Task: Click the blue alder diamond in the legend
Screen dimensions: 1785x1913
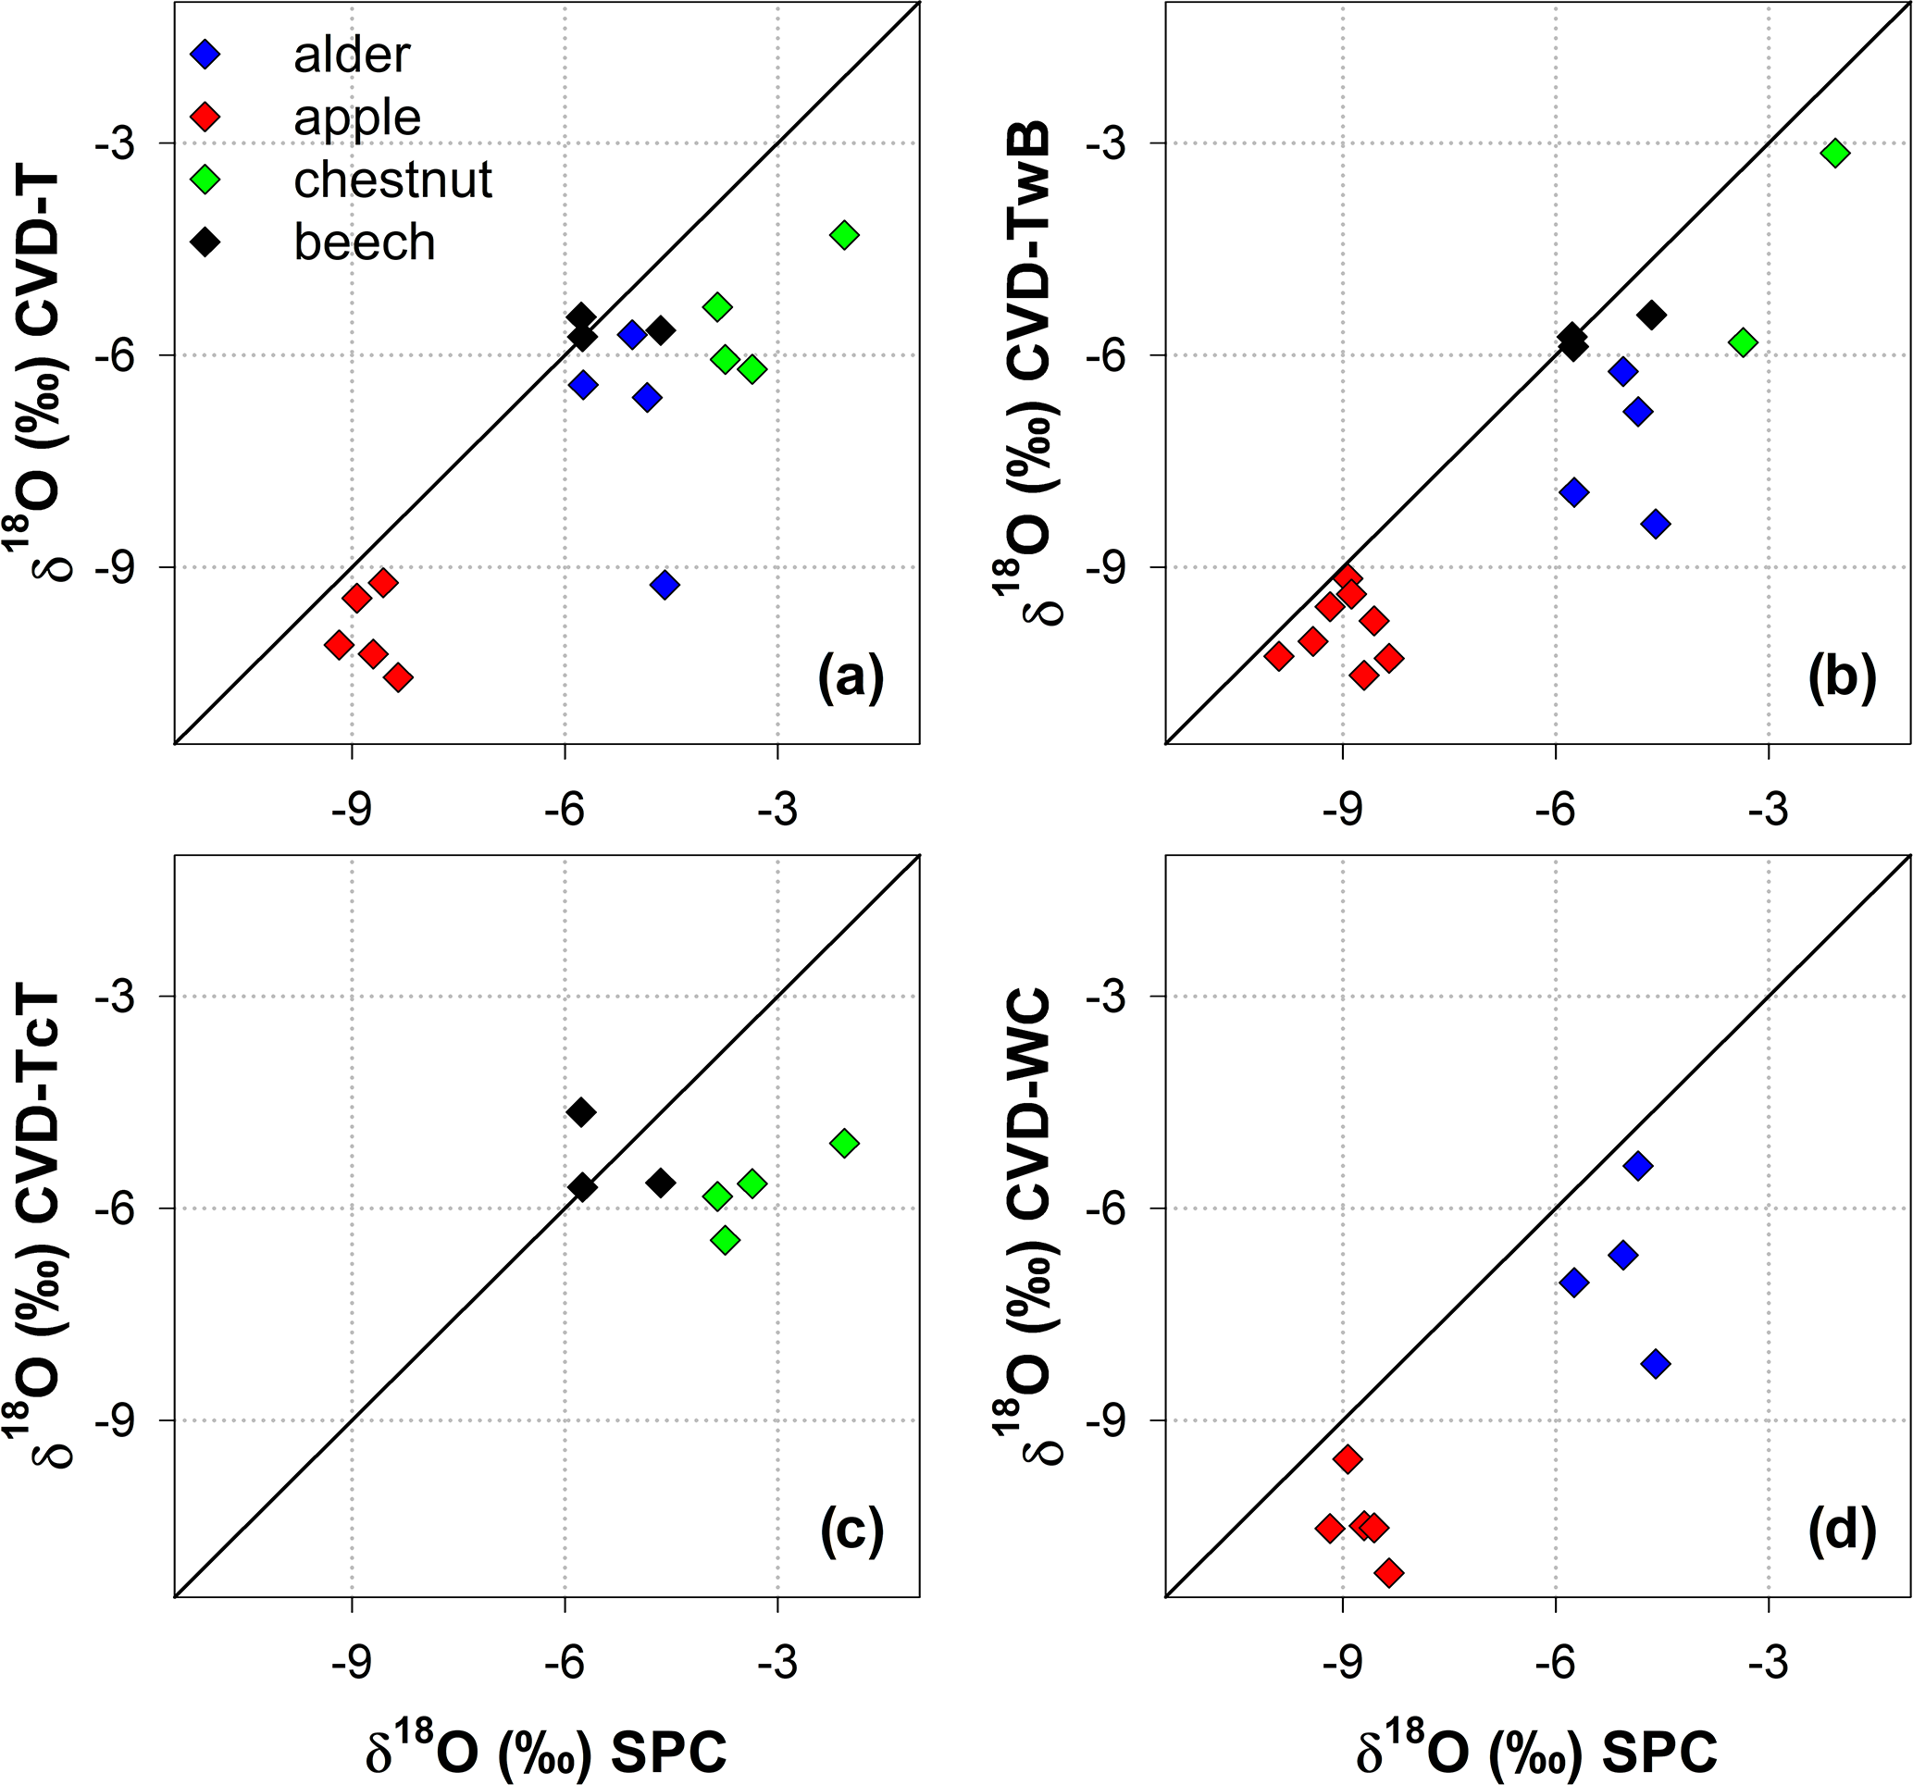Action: (x=206, y=55)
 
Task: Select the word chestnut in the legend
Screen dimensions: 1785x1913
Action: (x=392, y=180)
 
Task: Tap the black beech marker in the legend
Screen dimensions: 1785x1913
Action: (x=206, y=242)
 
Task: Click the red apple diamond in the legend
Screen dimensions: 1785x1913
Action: (x=206, y=118)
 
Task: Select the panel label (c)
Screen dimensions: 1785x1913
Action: (x=851, y=1530)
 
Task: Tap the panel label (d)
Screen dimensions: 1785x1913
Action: (x=1842, y=1530)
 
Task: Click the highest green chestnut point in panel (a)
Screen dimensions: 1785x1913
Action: (x=844, y=235)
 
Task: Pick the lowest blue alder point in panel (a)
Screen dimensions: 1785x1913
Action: (x=664, y=584)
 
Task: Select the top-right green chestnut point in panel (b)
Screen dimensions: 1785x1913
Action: (x=1835, y=153)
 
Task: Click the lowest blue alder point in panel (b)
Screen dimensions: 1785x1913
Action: (x=1656, y=525)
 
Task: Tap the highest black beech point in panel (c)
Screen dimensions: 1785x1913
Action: (x=581, y=1112)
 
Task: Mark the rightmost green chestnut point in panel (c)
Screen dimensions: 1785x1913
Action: (x=844, y=1143)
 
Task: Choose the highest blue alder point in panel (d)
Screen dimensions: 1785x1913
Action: (x=1638, y=1166)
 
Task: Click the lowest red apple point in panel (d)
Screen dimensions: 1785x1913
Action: (x=1388, y=1573)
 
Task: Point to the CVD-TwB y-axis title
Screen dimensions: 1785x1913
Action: (x=1027, y=376)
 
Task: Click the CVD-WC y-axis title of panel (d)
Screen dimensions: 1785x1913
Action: (x=1027, y=1227)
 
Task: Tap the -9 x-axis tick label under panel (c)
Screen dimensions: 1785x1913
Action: (x=352, y=1662)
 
